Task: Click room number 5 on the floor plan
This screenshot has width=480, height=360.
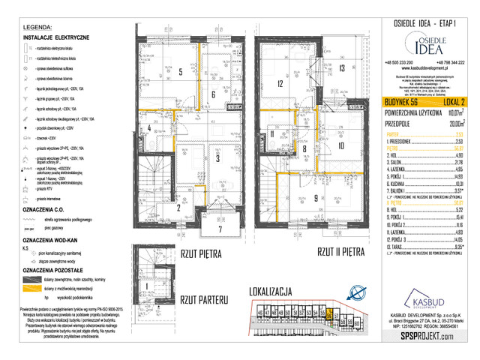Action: click(181, 73)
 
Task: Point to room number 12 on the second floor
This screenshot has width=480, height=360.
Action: click(277, 83)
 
